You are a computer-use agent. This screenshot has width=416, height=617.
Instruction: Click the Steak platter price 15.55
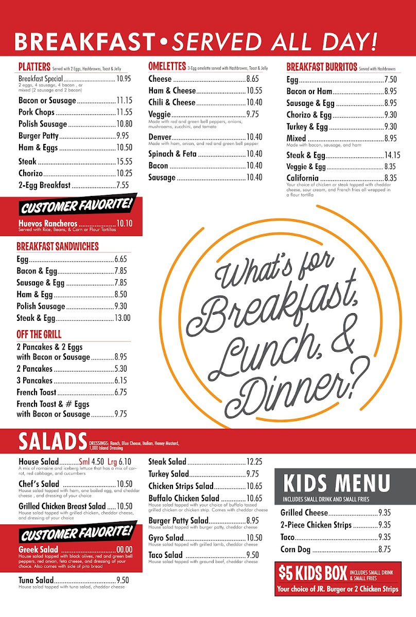tap(124, 161)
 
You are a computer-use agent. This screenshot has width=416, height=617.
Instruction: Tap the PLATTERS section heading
tap(34, 67)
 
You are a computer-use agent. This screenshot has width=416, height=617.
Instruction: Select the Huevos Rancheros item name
tap(48, 224)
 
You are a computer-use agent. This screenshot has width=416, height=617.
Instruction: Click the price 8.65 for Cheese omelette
tap(252, 79)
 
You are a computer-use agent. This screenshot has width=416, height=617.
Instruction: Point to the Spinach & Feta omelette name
tap(169, 154)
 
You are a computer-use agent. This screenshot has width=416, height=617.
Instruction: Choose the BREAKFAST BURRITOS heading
tap(321, 67)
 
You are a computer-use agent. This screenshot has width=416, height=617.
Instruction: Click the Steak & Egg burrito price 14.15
tap(392, 155)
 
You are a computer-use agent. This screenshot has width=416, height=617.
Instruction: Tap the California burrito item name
tap(303, 178)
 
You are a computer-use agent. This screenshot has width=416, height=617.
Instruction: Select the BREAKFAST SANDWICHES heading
tap(57, 246)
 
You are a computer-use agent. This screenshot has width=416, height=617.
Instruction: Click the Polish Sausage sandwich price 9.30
tap(122, 306)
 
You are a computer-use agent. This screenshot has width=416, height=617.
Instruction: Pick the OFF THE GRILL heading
tap(39, 334)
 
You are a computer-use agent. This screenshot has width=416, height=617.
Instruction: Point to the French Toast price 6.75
tap(120, 392)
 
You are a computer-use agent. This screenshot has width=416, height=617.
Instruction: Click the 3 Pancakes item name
tap(34, 380)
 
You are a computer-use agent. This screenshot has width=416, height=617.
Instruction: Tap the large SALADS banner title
tap(53, 442)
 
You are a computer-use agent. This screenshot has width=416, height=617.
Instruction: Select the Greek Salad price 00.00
tap(124, 550)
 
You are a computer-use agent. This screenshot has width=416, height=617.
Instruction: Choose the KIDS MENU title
tap(337, 484)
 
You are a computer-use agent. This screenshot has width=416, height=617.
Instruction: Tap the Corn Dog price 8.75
tap(384, 550)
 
